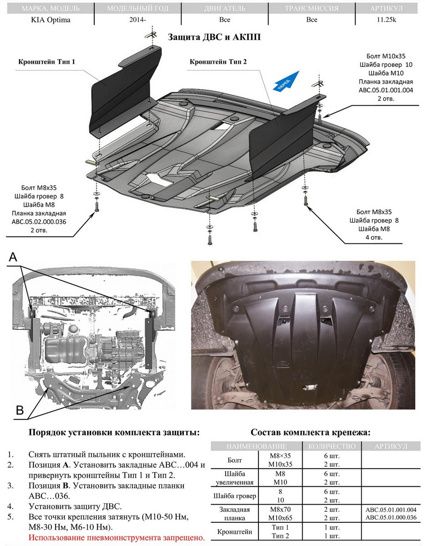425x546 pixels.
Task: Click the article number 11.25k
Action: (386, 20)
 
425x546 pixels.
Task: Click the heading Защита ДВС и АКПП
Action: (214, 37)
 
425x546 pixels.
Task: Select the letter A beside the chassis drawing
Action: (13, 258)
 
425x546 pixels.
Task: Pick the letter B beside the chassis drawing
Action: (20, 409)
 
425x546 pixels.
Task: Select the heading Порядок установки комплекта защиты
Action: (114, 432)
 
